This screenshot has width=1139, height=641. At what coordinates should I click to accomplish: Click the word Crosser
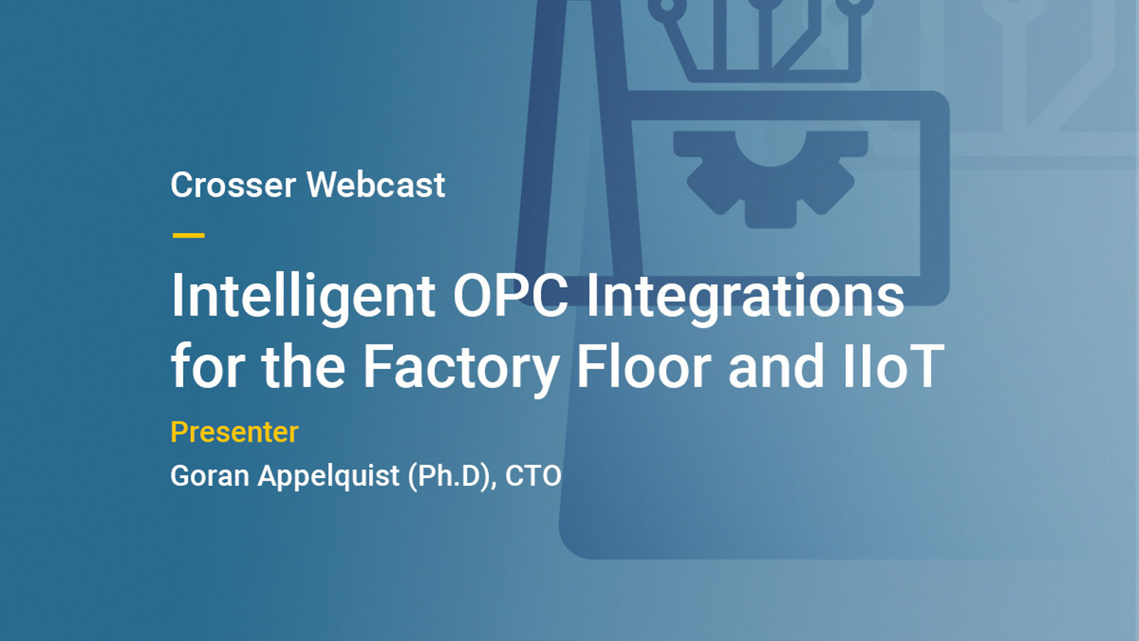[x=233, y=185]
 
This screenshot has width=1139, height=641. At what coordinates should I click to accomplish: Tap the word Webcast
[x=376, y=185]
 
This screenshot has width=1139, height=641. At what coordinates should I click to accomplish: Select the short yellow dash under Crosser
[x=189, y=234]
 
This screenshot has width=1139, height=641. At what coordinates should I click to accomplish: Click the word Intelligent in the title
[x=303, y=296]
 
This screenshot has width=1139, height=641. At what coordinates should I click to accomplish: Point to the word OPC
[x=510, y=295]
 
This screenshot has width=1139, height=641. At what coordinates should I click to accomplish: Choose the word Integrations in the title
[x=745, y=296]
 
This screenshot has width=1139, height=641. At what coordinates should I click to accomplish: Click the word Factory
[x=461, y=368]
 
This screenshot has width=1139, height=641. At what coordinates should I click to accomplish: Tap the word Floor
[x=644, y=367]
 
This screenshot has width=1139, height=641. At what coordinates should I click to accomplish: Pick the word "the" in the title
[x=304, y=367]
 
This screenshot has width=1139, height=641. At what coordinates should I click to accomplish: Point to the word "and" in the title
[x=775, y=367]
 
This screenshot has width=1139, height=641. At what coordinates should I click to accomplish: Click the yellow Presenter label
[x=234, y=432]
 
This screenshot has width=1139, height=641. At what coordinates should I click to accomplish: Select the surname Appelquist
[x=329, y=476]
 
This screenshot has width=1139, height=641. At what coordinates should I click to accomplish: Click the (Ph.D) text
[x=451, y=476]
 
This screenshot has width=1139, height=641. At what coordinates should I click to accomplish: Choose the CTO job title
[x=533, y=476]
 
